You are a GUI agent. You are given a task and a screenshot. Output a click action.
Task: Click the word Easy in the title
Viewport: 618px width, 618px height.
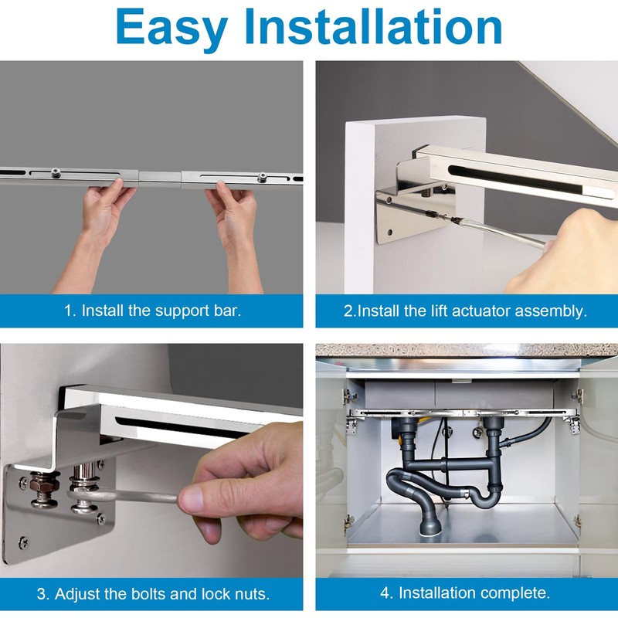click(171, 28)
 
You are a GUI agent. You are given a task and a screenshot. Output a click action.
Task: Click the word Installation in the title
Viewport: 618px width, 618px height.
click(373, 26)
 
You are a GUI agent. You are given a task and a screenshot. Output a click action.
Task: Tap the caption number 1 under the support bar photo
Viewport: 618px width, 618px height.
click(69, 311)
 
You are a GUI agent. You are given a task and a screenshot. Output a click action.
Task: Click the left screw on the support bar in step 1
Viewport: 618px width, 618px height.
click(56, 172)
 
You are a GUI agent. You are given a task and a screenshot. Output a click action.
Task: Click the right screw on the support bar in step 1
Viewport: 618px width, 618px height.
click(261, 178)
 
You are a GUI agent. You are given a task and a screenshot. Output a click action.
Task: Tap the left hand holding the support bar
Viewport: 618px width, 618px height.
click(104, 213)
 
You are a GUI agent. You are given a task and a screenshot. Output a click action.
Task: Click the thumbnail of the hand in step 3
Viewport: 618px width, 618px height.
click(190, 499)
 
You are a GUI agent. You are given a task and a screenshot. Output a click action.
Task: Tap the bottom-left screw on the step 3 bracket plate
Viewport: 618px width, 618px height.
click(24, 544)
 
